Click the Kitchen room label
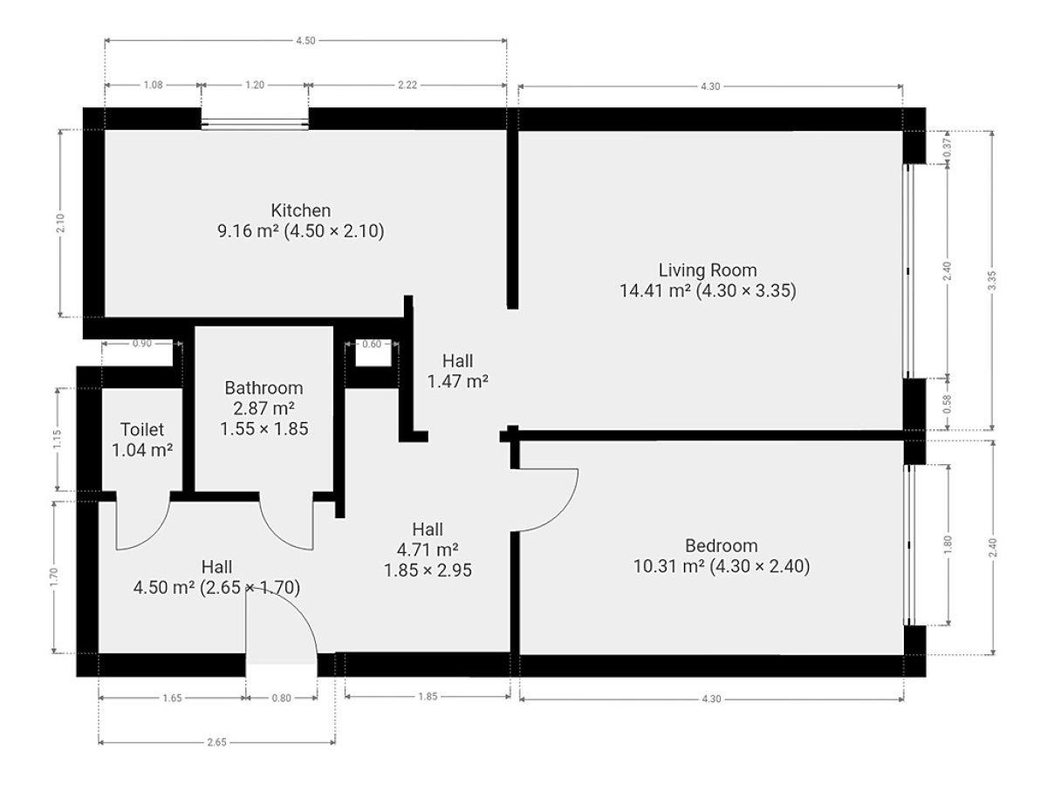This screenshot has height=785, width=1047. coord(300,210)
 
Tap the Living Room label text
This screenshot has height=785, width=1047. coord(708,270)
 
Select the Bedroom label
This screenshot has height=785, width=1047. coord(722,546)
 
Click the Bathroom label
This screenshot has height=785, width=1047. coord(263,388)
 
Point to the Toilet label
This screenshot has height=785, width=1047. coord(142,429)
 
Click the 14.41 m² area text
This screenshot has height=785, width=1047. coord(655,290)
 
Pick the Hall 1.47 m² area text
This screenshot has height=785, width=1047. coord(457,382)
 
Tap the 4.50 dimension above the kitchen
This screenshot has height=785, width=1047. coord(305,40)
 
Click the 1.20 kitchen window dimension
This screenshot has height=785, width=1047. coord(255,85)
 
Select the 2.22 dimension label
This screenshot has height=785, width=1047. coord(407,85)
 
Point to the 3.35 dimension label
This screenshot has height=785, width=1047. coord(992,280)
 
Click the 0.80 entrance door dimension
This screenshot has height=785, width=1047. coord(282,699)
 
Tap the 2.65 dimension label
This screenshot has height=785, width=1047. coord(216,742)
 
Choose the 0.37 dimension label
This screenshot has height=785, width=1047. coord(948,147)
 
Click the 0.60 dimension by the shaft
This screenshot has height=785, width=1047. coord(372,345)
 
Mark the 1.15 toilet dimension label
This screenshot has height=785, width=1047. coord(58,440)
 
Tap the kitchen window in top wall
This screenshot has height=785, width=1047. coord(255,125)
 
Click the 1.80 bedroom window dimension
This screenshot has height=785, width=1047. coord(948,545)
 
